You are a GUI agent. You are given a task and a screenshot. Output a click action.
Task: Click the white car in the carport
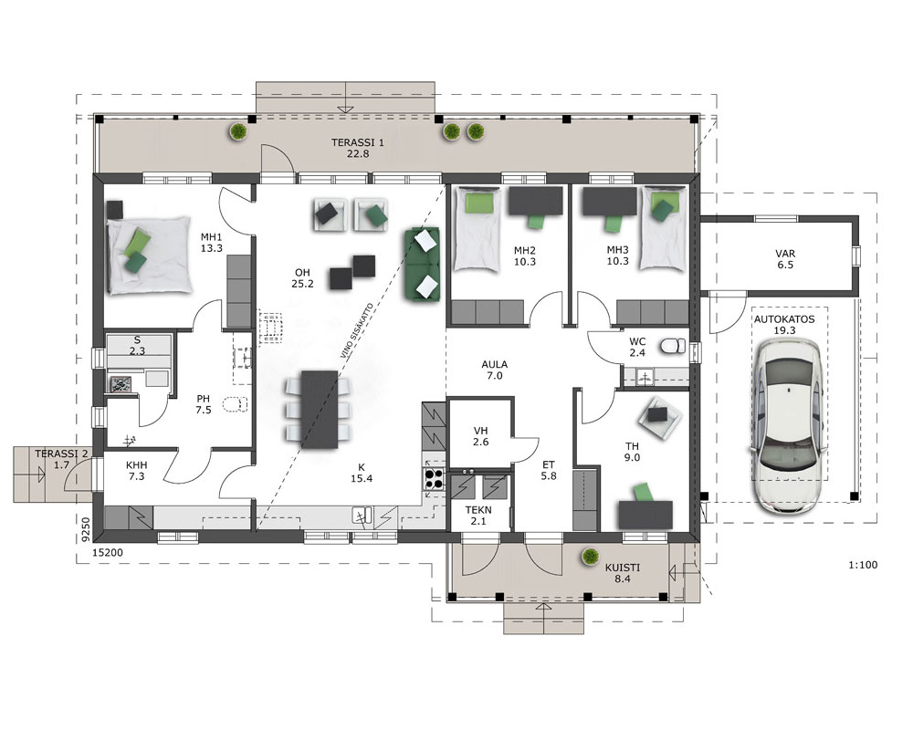[789, 426]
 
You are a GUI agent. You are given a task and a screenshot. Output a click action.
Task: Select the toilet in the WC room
[673, 347]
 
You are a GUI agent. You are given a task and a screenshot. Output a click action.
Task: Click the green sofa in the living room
[423, 265]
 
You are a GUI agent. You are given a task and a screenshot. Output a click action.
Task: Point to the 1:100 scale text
[863, 565]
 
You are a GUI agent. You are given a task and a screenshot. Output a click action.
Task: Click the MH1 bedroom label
[212, 237]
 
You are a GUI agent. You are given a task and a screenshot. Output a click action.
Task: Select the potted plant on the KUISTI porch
[591, 558]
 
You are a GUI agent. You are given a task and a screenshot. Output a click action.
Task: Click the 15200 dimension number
[109, 552]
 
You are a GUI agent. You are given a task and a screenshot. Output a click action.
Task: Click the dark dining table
[320, 409]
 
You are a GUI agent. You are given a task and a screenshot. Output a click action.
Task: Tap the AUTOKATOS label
[784, 319]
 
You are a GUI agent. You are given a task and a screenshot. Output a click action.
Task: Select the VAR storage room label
[785, 254]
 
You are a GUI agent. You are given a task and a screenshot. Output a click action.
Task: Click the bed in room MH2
[477, 229]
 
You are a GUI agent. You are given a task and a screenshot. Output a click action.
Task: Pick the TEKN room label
[478, 510]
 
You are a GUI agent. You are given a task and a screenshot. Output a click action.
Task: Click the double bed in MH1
[150, 255]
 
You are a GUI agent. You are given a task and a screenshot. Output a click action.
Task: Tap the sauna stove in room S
[121, 383]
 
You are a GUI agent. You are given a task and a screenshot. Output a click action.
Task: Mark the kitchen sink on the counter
[362, 516]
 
